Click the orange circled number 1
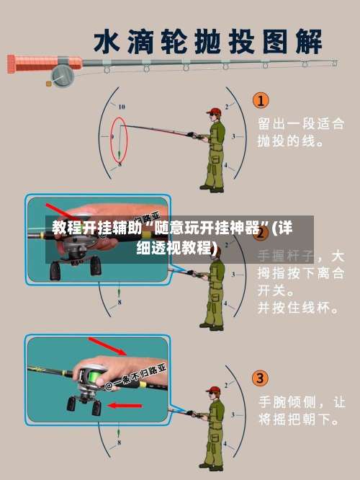pyautogui.click(x=261, y=100)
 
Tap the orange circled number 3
pyautogui.click(x=261, y=378)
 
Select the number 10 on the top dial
pyautogui.click(x=121, y=107)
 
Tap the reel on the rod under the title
pyautogui.click(x=63, y=73)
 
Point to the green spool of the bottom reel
pyautogui.click(x=91, y=375)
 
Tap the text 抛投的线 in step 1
pyautogui.click(x=290, y=141)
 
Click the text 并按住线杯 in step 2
pyautogui.click(x=298, y=308)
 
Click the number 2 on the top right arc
pyautogui.click(x=226, y=107)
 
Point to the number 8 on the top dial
pyautogui.click(x=120, y=165)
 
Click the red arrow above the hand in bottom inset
pyautogui.click(x=107, y=345)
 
